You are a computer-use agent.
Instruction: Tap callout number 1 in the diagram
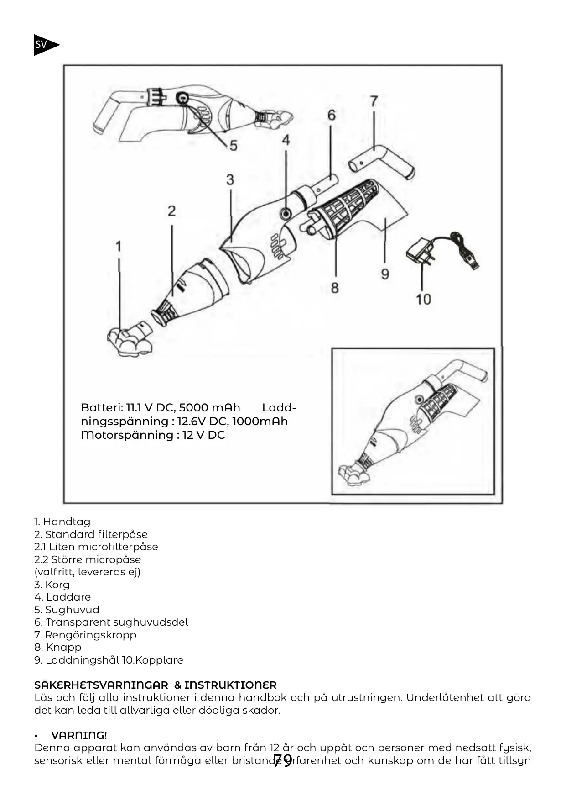[x=119, y=247]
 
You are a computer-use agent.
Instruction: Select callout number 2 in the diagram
[x=171, y=211]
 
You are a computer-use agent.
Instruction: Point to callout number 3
[x=230, y=179]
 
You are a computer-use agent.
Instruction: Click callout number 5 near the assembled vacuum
[x=233, y=146]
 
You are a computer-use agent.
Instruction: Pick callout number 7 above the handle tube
[x=374, y=101]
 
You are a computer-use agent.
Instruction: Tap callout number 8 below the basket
[x=335, y=288]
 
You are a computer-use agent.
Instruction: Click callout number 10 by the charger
[x=423, y=299]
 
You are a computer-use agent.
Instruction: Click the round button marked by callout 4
[x=286, y=213]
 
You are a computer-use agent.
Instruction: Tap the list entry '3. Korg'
[x=52, y=585]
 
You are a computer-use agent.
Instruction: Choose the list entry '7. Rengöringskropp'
[x=85, y=635]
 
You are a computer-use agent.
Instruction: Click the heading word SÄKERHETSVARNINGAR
[x=101, y=685]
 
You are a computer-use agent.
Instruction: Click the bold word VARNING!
[x=79, y=735]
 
